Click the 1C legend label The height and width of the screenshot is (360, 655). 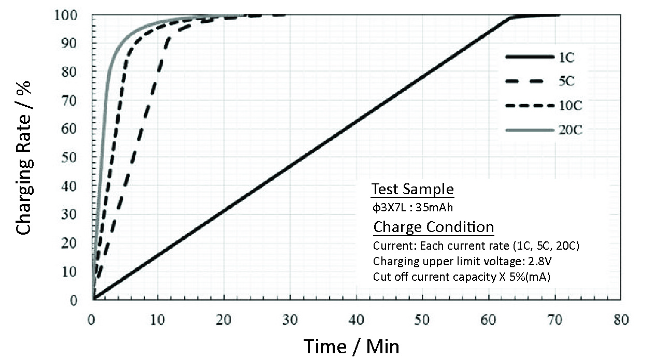tap(567, 58)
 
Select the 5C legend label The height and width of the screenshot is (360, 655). tap(567, 82)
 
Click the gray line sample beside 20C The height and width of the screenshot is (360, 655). tap(528, 131)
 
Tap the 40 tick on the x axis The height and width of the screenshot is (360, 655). tap(357, 320)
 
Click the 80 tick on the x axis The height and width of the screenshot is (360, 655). tap(620, 320)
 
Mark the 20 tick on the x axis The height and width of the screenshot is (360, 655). tap(224, 320)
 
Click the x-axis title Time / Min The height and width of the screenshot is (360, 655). tap(352, 346)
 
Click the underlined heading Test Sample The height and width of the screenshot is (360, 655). tap(412, 190)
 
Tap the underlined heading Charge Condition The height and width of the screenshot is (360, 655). tap(433, 227)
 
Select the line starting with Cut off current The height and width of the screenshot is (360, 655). tap(461, 277)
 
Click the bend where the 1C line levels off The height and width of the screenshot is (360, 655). tap(511, 17)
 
